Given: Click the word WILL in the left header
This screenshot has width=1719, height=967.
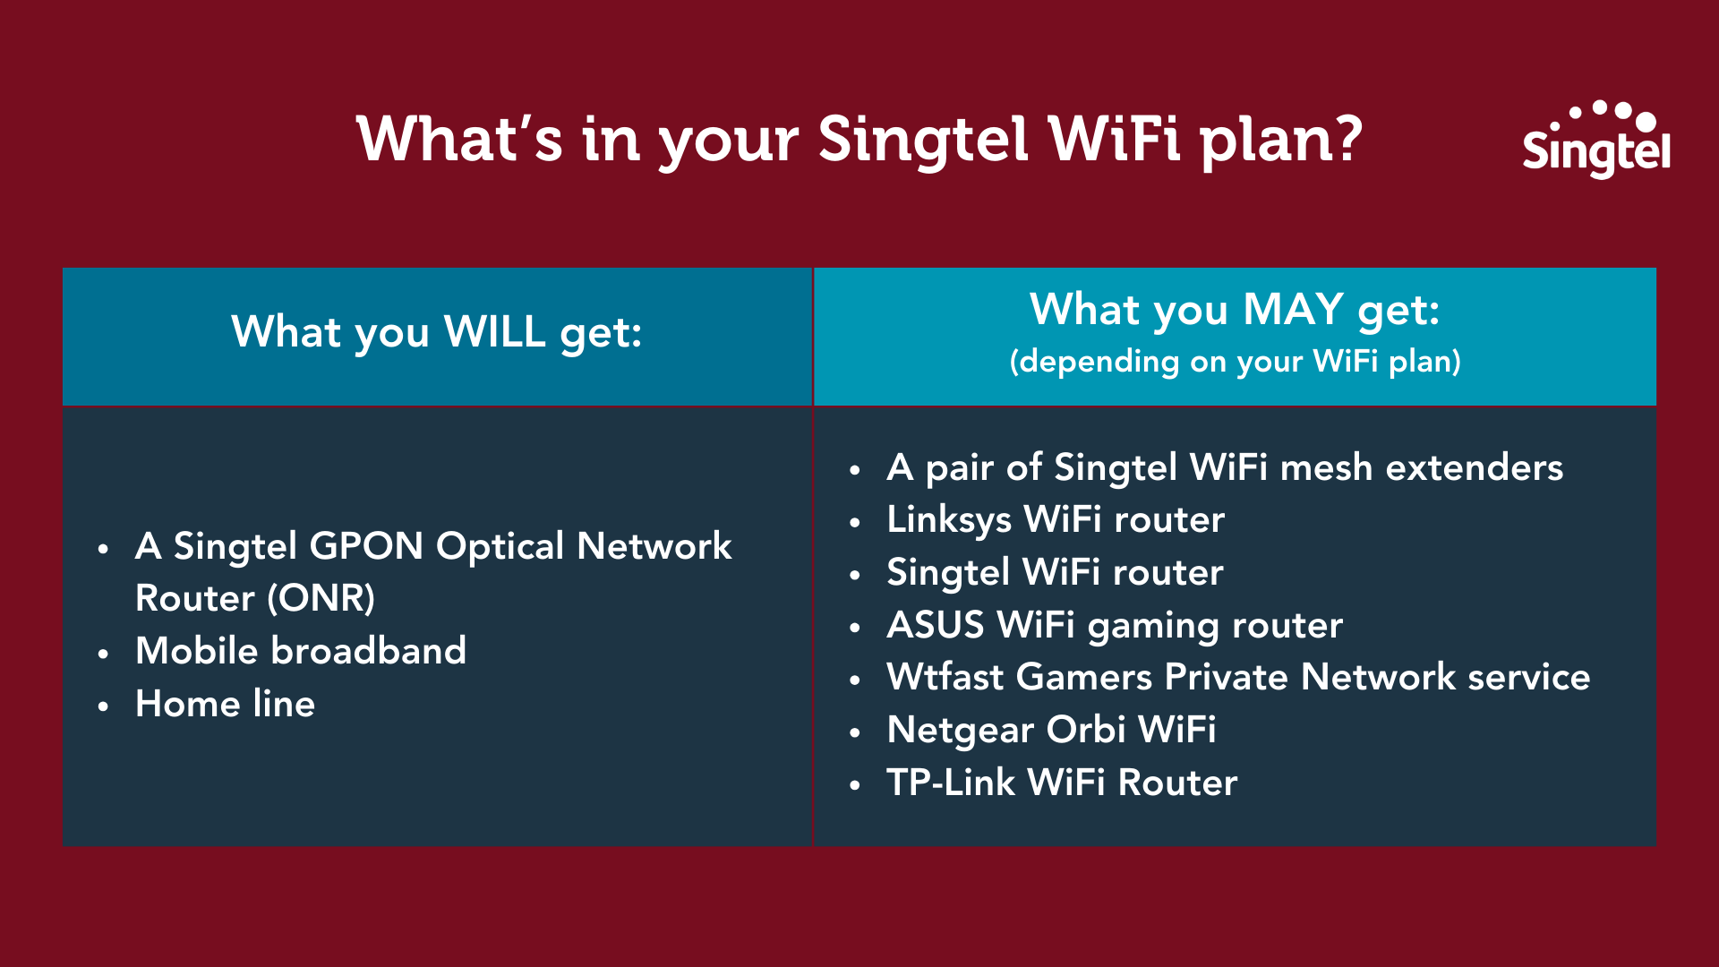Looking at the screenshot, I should [494, 332].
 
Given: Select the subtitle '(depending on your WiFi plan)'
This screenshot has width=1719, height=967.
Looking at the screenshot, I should [1235, 362].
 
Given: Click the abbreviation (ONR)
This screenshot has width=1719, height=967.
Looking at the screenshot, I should [323, 598].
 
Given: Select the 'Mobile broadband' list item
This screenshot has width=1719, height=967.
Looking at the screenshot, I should [300, 651].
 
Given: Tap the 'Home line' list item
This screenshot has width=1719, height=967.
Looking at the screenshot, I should [225, 704].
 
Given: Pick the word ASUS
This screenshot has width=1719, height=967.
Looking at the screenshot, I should [935, 625].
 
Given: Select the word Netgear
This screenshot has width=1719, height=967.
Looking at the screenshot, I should [960, 730].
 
